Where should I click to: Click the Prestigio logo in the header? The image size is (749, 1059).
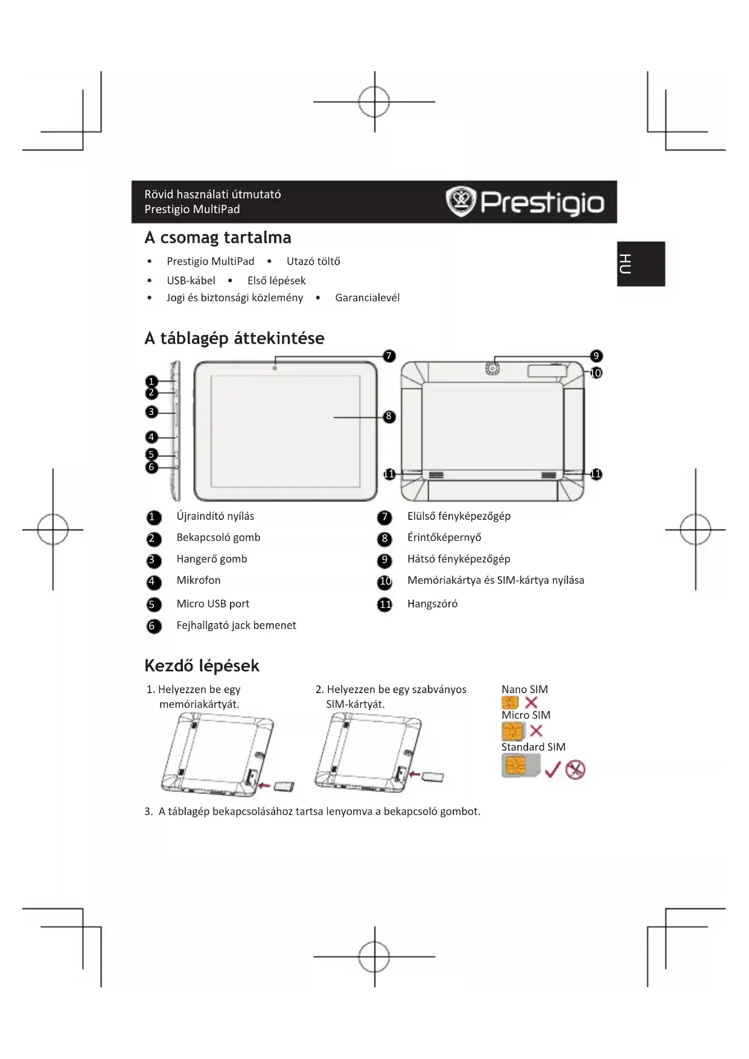524,202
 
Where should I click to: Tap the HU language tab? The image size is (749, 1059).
640,264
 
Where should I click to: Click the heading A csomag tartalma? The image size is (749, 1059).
218,237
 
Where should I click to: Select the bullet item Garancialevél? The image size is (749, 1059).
367,298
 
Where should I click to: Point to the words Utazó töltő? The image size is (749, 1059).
313,261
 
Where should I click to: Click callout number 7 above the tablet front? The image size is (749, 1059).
389,356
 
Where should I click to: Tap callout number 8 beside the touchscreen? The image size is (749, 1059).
389,417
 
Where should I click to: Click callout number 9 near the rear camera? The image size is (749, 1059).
596,356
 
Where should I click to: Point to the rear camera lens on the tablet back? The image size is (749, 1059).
493,368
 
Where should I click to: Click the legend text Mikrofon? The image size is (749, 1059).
199,580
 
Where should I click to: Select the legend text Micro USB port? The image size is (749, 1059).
212,604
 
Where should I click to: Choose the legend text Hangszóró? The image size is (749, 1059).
432,604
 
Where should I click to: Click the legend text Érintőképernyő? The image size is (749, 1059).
444,537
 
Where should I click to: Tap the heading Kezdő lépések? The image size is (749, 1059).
202,665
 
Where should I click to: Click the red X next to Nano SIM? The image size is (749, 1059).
531,702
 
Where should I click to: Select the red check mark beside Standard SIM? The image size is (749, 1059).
552,769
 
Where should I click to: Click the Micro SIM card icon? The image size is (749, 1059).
512,731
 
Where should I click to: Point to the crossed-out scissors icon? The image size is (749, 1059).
575,769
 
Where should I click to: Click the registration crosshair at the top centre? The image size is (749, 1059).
374,101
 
